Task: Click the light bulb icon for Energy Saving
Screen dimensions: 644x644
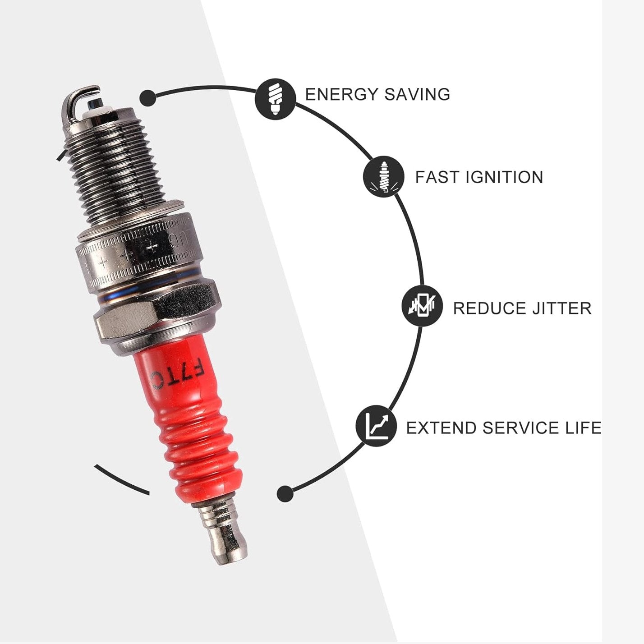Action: pyautogui.click(x=275, y=98)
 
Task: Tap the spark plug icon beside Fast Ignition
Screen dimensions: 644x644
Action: pyautogui.click(x=383, y=177)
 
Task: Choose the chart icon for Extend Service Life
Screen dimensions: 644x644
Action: pyautogui.click(x=376, y=426)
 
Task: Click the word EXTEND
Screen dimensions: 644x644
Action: pyautogui.click(x=441, y=428)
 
